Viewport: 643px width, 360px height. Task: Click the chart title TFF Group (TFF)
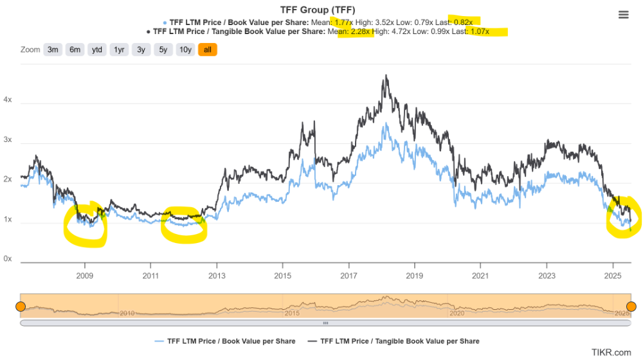pos(318,10)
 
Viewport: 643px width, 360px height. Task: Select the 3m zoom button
pos(53,50)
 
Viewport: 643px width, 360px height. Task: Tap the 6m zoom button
pos(75,50)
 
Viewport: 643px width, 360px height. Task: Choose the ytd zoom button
pos(97,50)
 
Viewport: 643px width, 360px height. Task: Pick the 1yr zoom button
pos(119,50)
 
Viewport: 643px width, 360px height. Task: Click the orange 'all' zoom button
pos(208,50)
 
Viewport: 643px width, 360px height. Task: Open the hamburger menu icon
pos(623,15)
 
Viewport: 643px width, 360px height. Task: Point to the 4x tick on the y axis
pos(8,100)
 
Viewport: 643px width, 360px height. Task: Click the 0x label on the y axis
pos(8,258)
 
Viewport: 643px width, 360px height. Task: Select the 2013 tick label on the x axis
pos(217,276)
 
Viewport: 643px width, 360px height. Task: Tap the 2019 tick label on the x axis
pos(414,276)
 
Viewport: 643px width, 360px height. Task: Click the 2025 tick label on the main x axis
pos(613,276)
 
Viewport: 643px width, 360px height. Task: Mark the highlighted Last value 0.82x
pos(464,22)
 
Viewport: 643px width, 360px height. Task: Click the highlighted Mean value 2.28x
pos(361,32)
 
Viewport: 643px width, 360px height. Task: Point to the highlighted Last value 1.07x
pos(480,32)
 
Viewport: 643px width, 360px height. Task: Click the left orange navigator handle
pos(21,306)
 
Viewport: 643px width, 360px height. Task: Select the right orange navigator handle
pos(631,306)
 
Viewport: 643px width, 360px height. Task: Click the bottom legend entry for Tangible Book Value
pos(394,341)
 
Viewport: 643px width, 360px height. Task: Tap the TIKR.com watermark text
pos(611,352)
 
